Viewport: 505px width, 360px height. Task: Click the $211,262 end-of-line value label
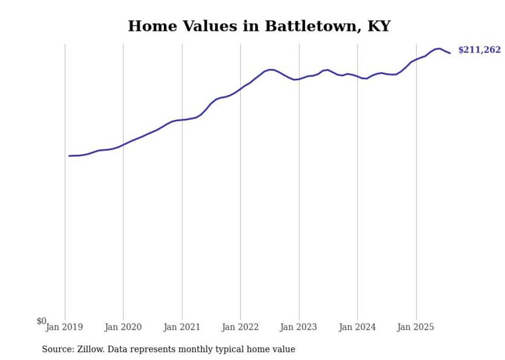pyautogui.click(x=479, y=50)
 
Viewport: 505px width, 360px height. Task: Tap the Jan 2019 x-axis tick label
pyautogui.click(x=65, y=327)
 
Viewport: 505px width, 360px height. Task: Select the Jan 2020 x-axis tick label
pyautogui.click(x=123, y=327)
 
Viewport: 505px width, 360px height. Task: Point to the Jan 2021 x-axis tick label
pyautogui.click(x=182, y=327)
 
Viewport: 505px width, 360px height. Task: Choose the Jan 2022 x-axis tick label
pyautogui.click(x=240, y=327)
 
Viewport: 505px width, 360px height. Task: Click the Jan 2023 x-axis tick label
pyautogui.click(x=299, y=327)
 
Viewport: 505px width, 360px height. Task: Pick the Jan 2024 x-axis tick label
pyautogui.click(x=358, y=327)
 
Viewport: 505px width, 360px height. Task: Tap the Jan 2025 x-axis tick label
pyautogui.click(x=416, y=327)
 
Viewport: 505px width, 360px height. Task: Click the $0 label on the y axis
pyautogui.click(x=41, y=321)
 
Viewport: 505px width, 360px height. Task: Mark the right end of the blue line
pyautogui.click(x=450, y=53)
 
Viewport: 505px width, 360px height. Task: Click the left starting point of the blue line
pyautogui.click(x=69, y=156)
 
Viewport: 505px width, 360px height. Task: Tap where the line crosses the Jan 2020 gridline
pyautogui.click(x=123, y=145)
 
